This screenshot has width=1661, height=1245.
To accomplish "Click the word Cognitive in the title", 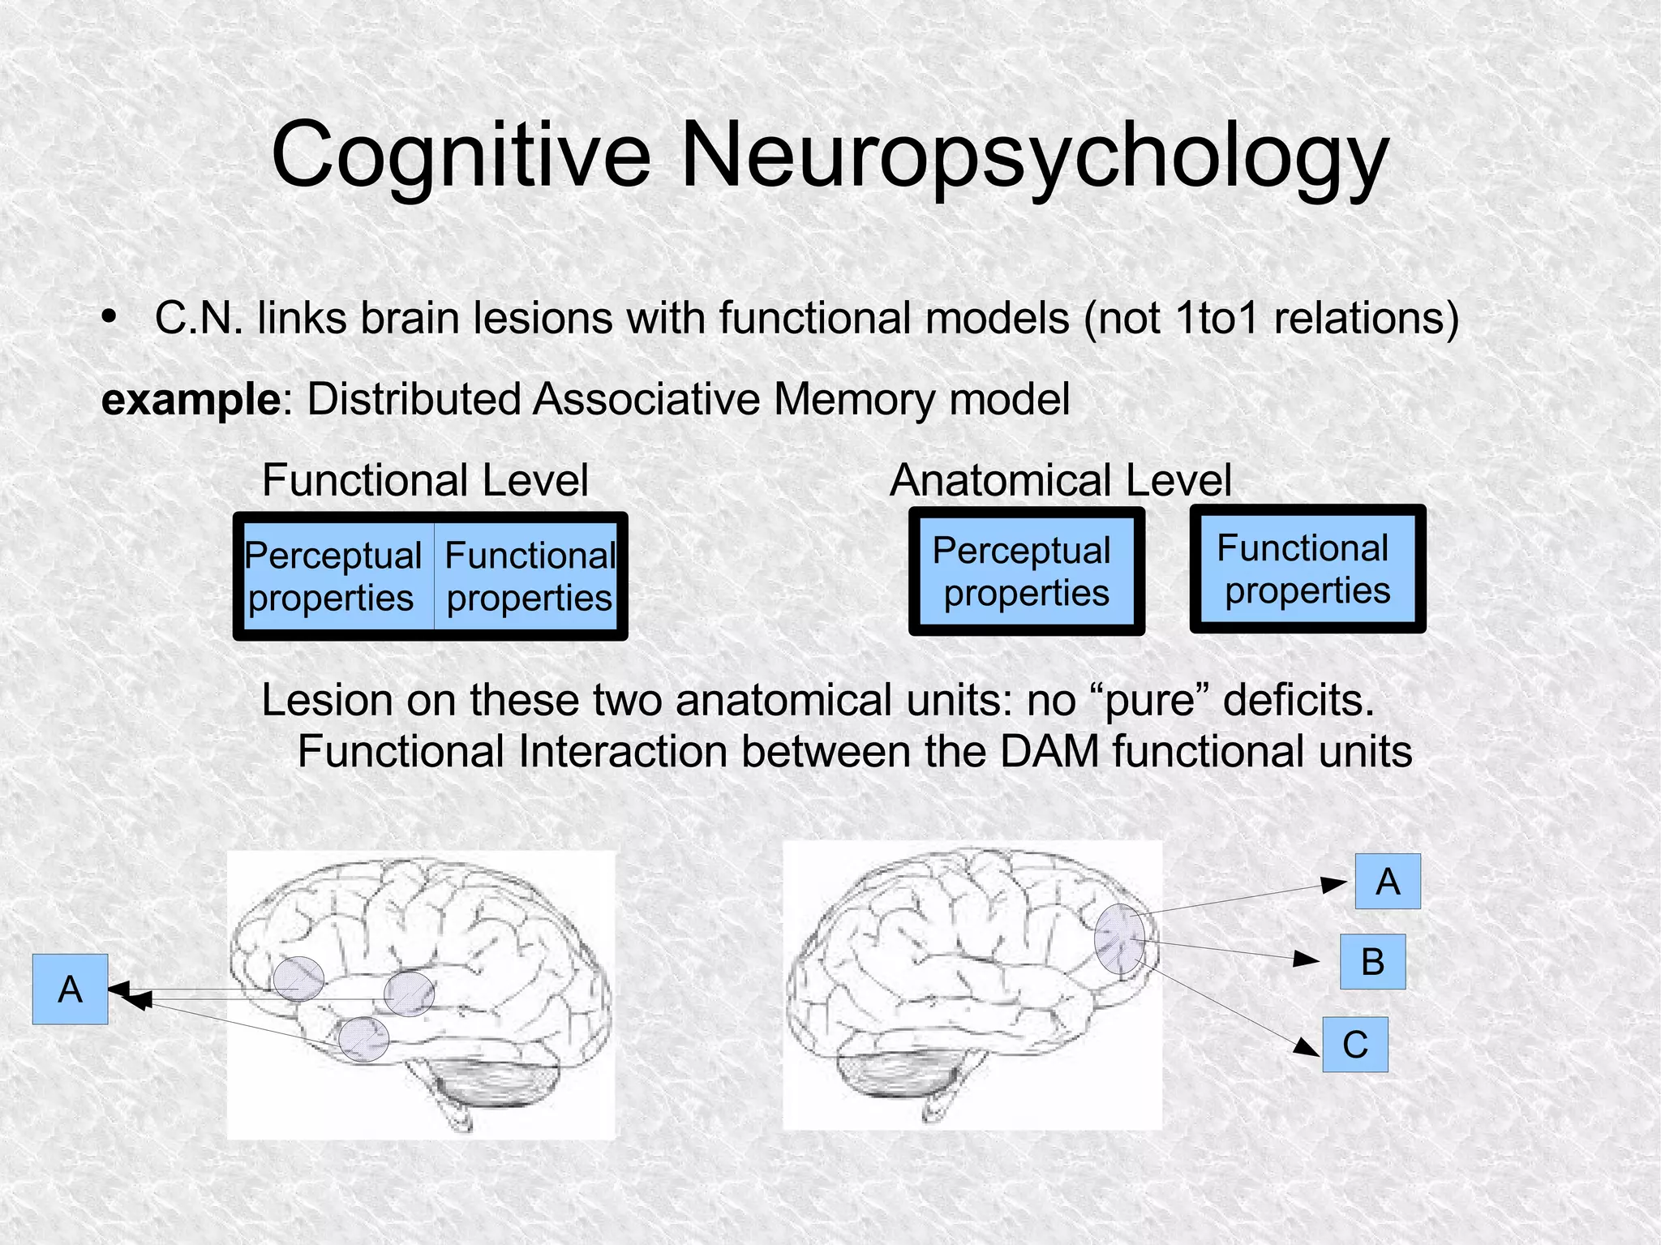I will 461,154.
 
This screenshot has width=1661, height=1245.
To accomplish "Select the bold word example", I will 191,400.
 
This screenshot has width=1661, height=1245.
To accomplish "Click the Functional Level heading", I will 425,479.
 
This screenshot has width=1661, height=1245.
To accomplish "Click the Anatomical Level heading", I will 1060,479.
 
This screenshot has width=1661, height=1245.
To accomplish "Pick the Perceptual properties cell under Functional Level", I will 333,576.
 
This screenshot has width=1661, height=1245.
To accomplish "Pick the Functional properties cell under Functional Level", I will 530,576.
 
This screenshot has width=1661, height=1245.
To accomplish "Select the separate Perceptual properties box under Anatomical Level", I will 1026,571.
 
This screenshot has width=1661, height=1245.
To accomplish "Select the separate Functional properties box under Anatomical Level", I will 1307,569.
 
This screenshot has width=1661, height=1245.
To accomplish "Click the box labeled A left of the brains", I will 71,989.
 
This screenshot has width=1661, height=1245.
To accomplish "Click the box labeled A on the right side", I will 1387,881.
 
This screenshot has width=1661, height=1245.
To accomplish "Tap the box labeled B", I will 1372,961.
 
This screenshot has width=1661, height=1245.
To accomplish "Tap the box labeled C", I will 1354,1044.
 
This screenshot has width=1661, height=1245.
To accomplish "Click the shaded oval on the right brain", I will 1119,938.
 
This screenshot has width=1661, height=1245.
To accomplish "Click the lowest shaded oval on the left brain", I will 363,1039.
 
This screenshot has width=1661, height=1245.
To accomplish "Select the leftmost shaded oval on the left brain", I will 298,978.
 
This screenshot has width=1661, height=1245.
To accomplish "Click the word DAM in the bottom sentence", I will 1049,751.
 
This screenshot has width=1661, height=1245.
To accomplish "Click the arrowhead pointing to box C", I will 1307,1047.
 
